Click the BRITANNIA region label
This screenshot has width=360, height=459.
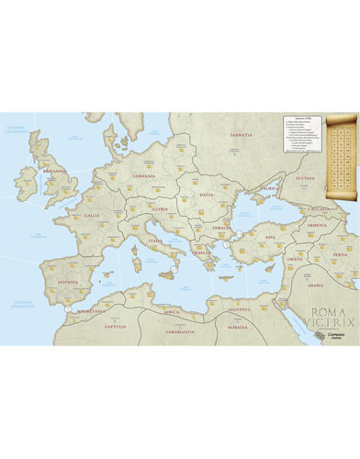click(x=54, y=170)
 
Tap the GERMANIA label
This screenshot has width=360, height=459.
click(x=143, y=175)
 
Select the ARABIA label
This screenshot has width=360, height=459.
click(x=315, y=285)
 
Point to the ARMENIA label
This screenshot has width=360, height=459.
click(x=317, y=224)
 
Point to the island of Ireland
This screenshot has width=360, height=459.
click(x=25, y=183)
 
